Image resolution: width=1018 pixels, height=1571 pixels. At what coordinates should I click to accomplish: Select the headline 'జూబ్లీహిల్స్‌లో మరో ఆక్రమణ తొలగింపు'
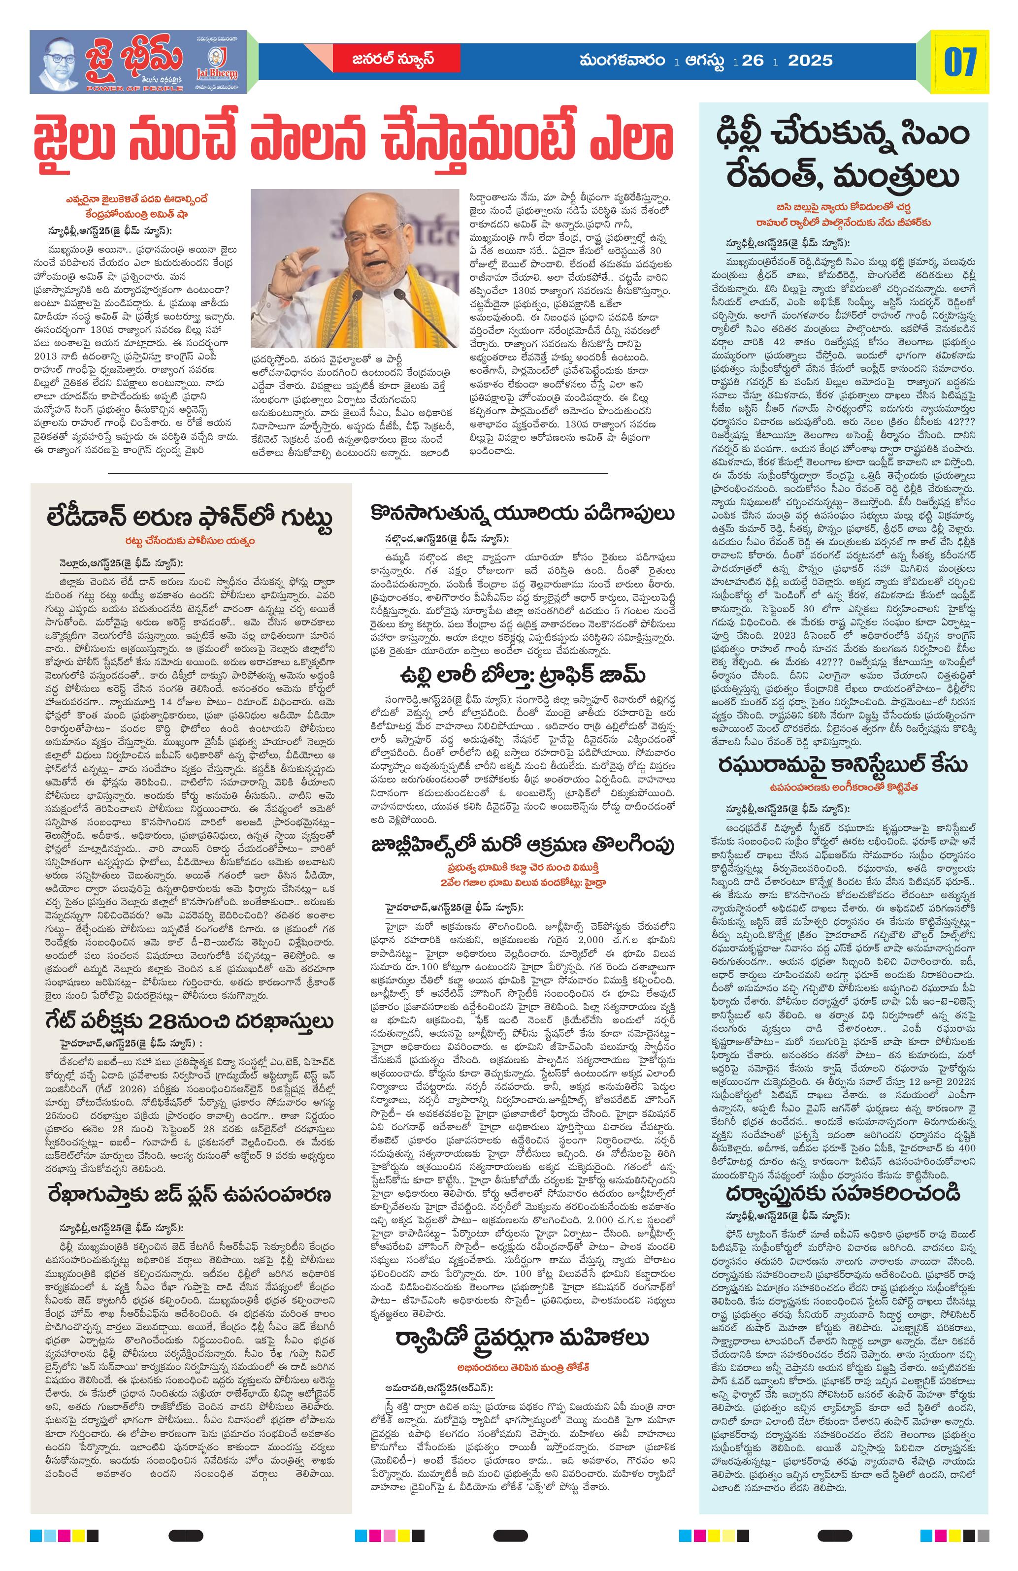coord(521,846)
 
